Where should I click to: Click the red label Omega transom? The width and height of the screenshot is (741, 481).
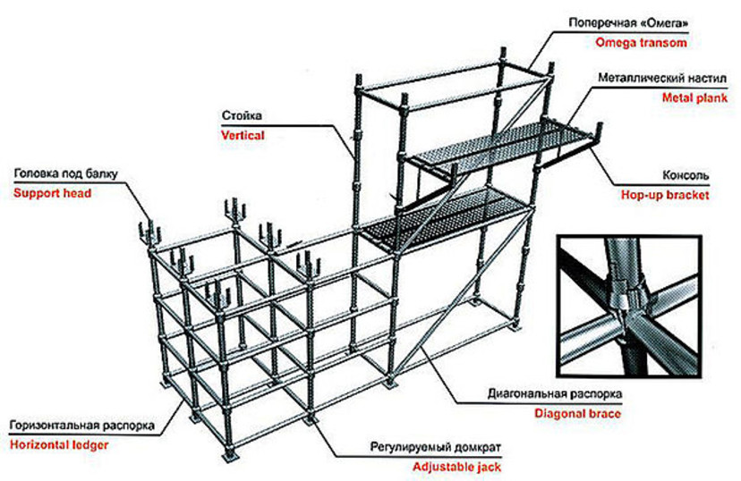pyautogui.click(x=641, y=43)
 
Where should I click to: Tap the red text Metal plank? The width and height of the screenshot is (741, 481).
pyautogui.click(x=694, y=97)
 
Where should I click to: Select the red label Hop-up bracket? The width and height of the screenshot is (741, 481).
pyautogui.click(x=665, y=195)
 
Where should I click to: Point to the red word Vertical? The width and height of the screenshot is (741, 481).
pyautogui.click(x=243, y=136)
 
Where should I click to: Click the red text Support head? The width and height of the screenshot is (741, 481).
pyautogui.click(x=53, y=193)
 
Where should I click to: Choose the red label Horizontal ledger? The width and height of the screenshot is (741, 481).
pyautogui.click(x=59, y=444)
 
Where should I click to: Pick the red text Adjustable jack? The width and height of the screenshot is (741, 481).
pyautogui.click(x=456, y=467)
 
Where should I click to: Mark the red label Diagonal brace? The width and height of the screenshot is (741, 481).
pyautogui.click(x=577, y=414)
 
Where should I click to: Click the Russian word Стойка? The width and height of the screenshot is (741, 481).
pyautogui.click(x=242, y=115)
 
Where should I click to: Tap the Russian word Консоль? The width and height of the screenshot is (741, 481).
pyautogui.click(x=686, y=175)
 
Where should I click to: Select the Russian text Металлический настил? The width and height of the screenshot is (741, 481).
pyautogui.click(x=662, y=78)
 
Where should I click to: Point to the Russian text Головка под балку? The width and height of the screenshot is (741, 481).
pyautogui.click(x=65, y=173)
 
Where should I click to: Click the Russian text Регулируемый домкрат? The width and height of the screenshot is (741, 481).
pyautogui.click(x=435, y=446)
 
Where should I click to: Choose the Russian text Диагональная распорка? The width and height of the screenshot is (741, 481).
pyautogui.click(x=555, y=393)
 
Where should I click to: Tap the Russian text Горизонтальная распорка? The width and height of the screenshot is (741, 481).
pyautogui.click(x=81, y=425)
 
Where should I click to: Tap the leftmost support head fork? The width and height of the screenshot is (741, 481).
pyautogui.click(x=149, y=232)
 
